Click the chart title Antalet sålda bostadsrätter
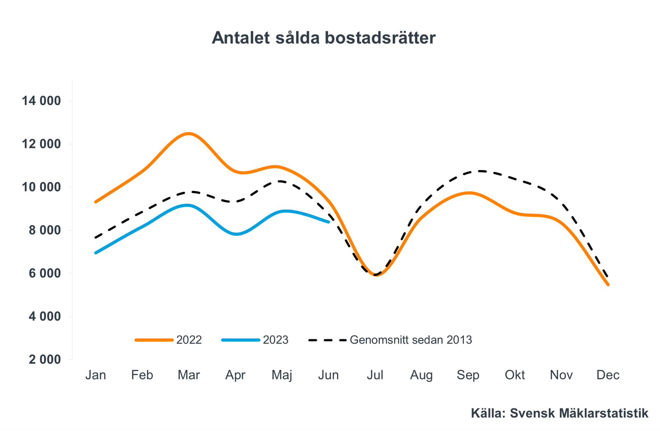click(x=323, y=38)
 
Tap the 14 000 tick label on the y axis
click(x=41, y=101)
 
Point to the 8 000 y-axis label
click(x=45, y=230)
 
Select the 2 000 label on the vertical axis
click(x=45, y=359)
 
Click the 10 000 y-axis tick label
click(x=41, y=187)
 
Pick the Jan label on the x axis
click(x=95, y=375)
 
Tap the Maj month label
click(x=282, y=375)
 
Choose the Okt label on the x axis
click(x=514, y=375)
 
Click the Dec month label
click(x=608, y=375)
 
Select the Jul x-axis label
click(x=375, y=375)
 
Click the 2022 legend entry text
click(x=189, y=340)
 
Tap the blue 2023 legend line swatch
click(x=241, y=340)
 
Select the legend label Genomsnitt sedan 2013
click(x=411, y=340)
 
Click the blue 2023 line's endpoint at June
click(x=329, y=222)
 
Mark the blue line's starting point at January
click(x=96, y=253)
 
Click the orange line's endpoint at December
click(x=608, y=284)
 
